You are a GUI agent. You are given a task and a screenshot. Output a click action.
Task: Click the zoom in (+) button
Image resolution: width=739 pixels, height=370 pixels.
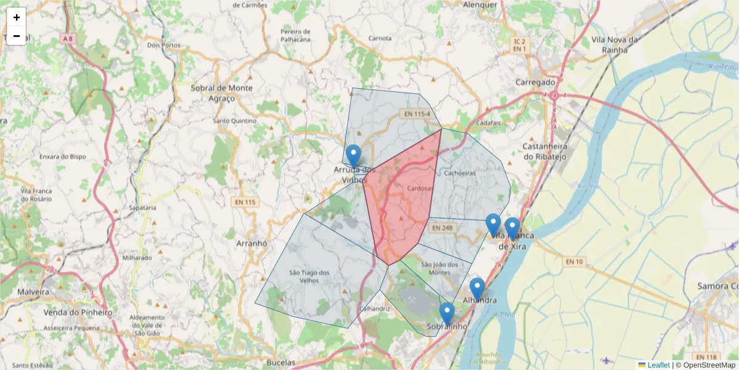tap(17, 17)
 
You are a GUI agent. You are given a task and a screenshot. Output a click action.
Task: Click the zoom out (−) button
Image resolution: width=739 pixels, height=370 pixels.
tap(17, 36)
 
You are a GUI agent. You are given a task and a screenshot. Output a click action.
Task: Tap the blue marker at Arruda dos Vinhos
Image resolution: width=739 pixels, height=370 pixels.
tap(353, 155)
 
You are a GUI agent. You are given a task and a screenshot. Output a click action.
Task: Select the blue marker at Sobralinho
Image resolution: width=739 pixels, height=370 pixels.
tap(447, 313)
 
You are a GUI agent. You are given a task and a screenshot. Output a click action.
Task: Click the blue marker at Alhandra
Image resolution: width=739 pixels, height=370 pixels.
tap(477, 289)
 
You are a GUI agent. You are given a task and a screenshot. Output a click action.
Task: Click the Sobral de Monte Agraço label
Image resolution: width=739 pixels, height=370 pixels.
tap(222, 92)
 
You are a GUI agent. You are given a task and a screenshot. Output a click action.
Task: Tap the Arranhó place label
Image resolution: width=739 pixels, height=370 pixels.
tap(251, 244)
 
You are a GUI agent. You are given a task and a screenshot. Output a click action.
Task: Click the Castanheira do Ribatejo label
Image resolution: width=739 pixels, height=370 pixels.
tap(548, 151)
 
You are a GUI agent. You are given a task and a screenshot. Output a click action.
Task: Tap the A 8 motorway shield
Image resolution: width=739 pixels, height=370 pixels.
tap(68, 38)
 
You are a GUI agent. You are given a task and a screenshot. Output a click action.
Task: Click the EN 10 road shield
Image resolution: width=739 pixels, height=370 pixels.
tap(573, 262)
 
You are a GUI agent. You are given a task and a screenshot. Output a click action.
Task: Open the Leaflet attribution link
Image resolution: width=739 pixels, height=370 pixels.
tap(658, 365)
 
